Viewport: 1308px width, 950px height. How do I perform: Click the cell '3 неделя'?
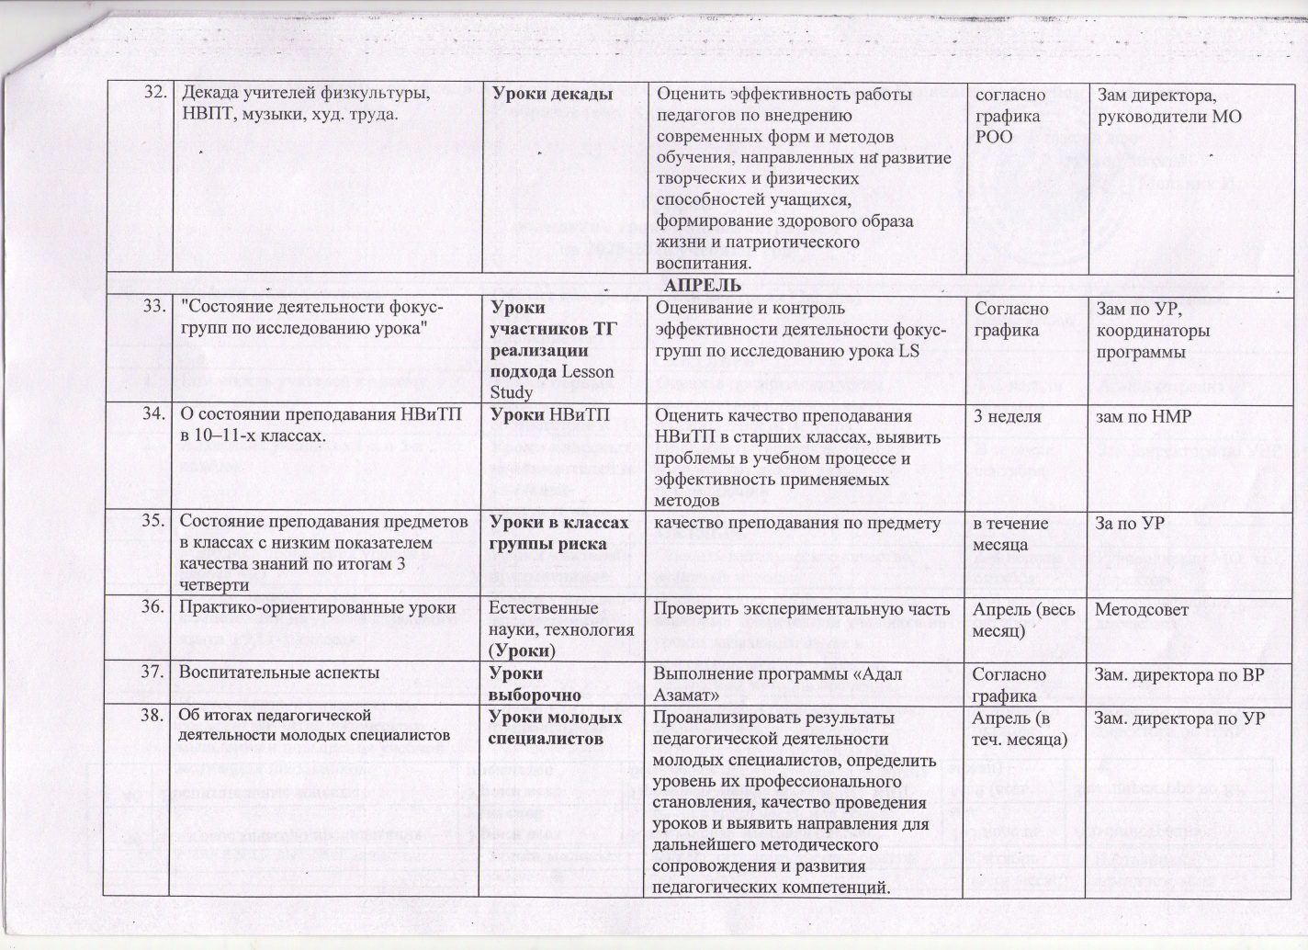(1007, 416)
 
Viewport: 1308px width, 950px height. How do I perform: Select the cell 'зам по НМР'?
(1143, 416)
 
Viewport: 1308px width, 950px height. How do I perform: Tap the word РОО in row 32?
(993, 136)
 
